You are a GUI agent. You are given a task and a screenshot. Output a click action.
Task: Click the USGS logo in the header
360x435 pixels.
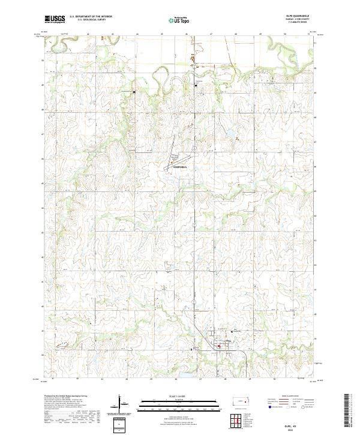tap(55, 20)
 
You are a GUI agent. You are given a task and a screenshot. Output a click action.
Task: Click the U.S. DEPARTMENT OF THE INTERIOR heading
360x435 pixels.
tap(91, 17)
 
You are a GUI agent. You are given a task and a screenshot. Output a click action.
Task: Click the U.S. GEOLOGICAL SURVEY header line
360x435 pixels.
tap(91, 20)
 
